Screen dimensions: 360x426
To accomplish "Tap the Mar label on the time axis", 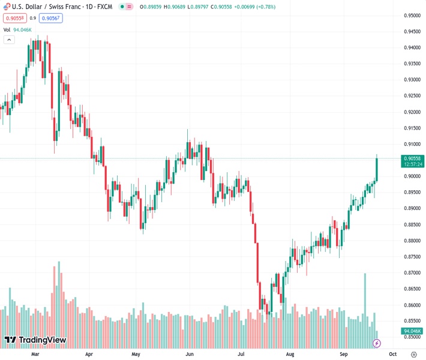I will pos(35,354).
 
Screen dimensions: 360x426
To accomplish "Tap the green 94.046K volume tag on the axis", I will pos(413,331).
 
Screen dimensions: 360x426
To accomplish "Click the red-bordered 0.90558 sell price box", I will pos(13,18).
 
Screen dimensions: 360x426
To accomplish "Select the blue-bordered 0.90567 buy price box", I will pos(50,18).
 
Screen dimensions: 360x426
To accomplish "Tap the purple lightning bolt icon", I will pos(377,343).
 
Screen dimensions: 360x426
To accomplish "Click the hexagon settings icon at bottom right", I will pos(413,354).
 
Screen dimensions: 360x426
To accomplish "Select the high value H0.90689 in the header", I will pos(175,7).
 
